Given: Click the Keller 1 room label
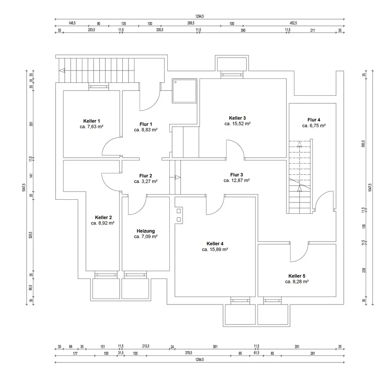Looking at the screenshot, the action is (x=91, y=121).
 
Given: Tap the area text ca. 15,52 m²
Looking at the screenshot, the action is (x=238, y=124).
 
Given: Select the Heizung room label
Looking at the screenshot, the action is (x=146, y=231).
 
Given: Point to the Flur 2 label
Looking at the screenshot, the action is (x=146, y=176).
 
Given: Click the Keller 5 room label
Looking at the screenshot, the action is (x=297, y=276).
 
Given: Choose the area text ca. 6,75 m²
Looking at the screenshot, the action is (x=314, y=126).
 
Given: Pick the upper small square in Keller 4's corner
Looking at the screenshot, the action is (x=179, y=211).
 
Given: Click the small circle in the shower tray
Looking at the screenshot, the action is (x=176, y=82).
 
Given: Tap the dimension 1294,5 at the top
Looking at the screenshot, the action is (x=200, y=16).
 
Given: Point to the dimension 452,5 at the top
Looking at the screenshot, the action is (x=293, y=23).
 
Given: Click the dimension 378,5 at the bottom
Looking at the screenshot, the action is (x=189, y=353).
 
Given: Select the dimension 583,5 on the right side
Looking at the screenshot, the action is (x=363, y=144).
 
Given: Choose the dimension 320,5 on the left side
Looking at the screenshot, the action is (x=31, y=235).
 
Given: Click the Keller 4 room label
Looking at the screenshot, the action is (x=215, y=244).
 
